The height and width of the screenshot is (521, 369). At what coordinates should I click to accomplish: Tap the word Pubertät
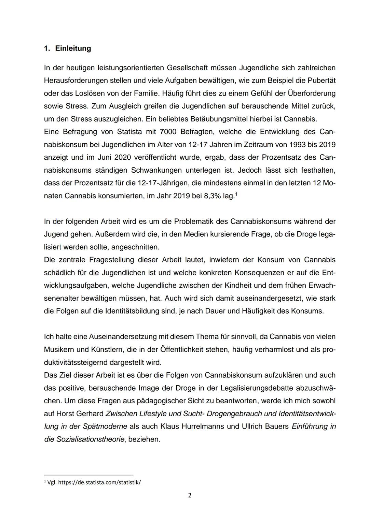(x=321, y=81)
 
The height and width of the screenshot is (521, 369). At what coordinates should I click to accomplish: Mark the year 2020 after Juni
(x=123, y=157)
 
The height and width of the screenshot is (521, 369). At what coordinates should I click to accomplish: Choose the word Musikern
(x=58, y=350)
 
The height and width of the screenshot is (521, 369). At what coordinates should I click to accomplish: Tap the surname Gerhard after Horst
(x=90, y=414)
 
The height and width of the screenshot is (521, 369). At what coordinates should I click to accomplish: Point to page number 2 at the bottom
(x=190, y=495)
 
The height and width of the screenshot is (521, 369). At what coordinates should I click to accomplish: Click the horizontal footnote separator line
(x=88, y=475)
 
